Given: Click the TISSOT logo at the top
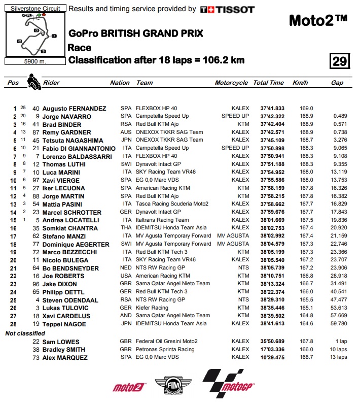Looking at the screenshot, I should [228, 9].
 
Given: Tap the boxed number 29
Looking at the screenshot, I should [339, 61].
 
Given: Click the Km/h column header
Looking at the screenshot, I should [300, 83].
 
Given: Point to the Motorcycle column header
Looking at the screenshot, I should [231, 83].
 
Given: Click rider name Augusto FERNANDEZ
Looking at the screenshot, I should [74, 109].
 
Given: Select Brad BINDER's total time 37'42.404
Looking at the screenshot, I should [269, 124].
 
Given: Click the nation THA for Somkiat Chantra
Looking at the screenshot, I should [126, 228].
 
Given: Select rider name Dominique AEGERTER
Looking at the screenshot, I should [76, 244].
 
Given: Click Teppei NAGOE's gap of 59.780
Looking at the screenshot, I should [339, 324].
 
